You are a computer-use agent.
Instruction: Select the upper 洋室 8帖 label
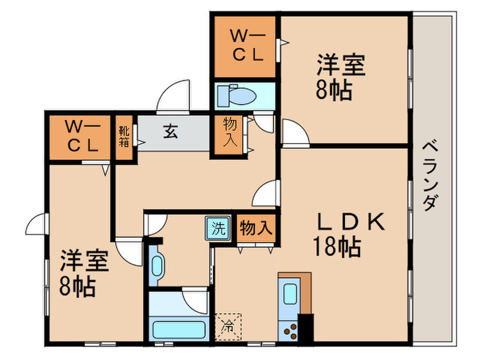[x=340, y=78]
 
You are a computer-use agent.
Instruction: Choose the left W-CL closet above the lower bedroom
[x=80, y=136]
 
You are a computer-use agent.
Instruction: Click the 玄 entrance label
[x=171, y=132]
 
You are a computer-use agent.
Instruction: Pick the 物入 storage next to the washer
[x=256, y=228]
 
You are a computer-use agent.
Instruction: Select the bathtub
[x=179, y=328]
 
